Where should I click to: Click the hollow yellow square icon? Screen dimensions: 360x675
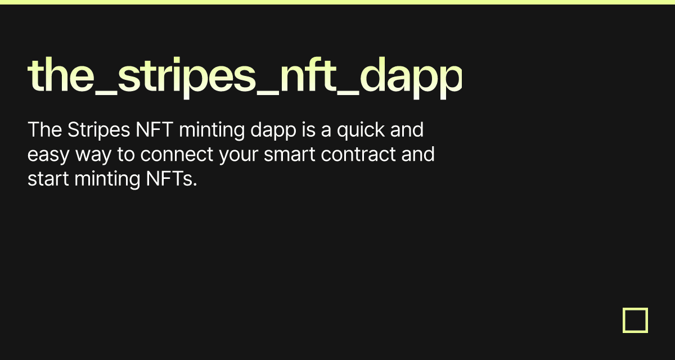click(x=635, y=320)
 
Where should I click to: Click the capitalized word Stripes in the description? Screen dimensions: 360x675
click(x=99, y=130)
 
